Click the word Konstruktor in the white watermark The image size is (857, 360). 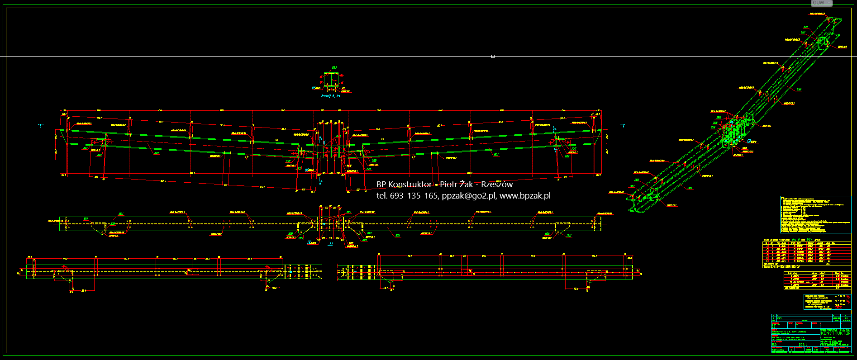[x=410, y=185]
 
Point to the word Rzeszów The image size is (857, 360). [x=497, y=185]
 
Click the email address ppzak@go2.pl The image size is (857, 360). [x=469, y=196]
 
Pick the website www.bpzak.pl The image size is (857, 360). [x=525, y=196]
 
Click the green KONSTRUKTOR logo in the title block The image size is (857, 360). [x=835, y=333]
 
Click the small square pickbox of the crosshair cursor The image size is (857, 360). [x=493, y=56]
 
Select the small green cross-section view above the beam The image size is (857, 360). [x=331, y=80]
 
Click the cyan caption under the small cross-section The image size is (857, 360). [x=331, y=96]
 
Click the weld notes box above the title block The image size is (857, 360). [x=827, y=302]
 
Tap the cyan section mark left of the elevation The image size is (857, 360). [x=41, y=125]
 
